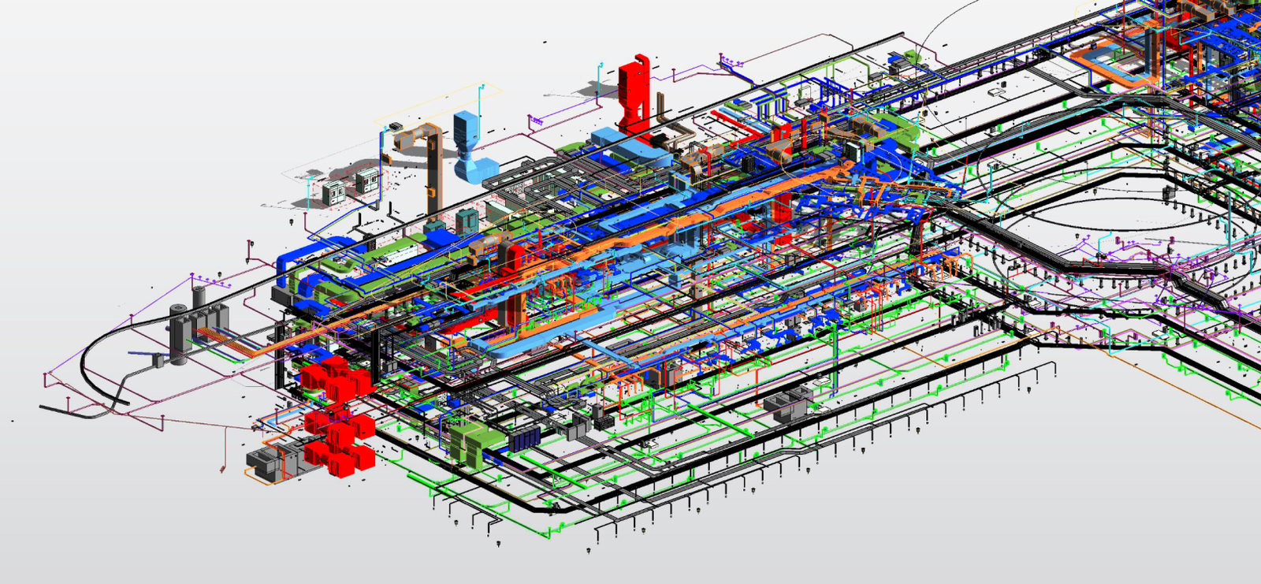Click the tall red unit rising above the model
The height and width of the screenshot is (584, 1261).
[633, 95]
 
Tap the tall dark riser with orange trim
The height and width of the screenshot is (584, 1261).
[433, 173]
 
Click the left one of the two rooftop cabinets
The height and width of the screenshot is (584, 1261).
[333, 192]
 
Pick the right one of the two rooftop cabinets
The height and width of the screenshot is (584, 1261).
[366, 182]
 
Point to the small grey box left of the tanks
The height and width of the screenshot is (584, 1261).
[158, 359]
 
